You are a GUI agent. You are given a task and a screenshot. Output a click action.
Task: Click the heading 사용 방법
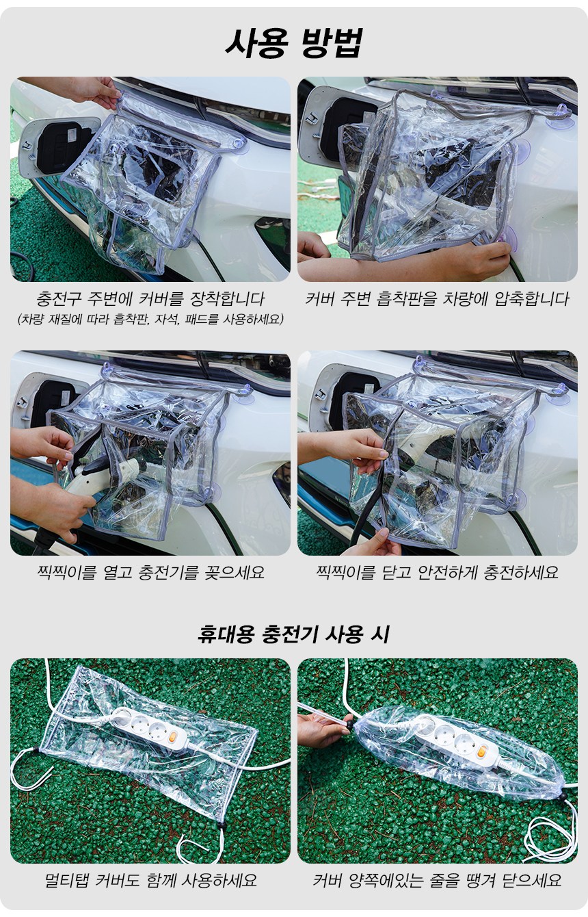click(294, 43)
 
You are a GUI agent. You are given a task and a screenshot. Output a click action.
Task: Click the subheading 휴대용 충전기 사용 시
click(293, 634)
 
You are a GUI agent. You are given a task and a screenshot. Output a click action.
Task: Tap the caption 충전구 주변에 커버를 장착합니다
click(150, 299)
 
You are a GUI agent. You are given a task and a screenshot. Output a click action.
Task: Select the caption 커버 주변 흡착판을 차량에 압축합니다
click(437, 299)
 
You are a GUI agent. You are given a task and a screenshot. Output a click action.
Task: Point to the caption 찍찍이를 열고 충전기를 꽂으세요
click(150, 572)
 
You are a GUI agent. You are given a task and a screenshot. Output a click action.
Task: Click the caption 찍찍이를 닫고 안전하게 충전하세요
click(437, 572)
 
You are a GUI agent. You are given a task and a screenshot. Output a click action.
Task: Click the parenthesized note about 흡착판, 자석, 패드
click(150, 319)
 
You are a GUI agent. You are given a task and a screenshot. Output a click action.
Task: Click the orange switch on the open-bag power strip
click(174, 737)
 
